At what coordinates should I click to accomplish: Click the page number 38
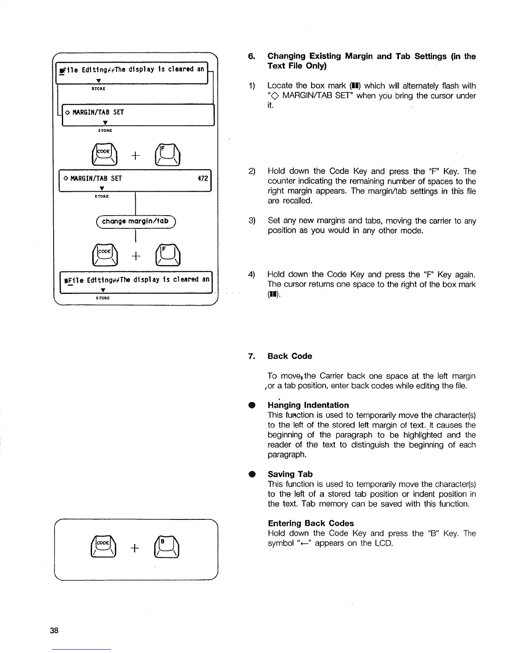[x=54, y=630]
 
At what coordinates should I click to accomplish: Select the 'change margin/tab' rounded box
[x=135, y=221]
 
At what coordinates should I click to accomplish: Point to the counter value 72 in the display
[x=204, y=178]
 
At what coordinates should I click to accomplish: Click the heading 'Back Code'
[x=290, y=356]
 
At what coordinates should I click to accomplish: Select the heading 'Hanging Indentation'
[x=308, y=405]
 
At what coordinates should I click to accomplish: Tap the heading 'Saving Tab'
[x=290, y=474]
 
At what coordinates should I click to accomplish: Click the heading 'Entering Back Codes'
[x=310, y=523]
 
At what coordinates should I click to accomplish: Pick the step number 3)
[x=252, y=221]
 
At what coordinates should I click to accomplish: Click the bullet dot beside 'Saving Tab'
[x=251, y=474]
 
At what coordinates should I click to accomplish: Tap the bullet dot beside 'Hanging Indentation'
[x=251, y=405]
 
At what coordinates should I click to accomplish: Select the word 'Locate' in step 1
[x=280, y=86]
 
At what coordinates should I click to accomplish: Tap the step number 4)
[x=252, y=275]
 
